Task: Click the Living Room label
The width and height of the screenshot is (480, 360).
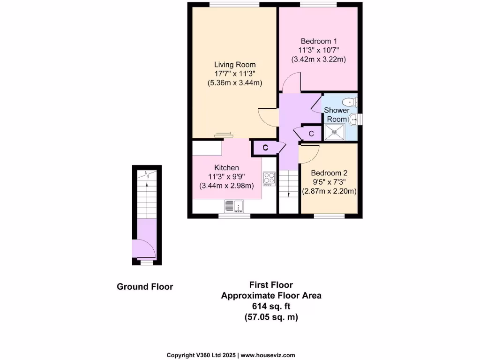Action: [235, 64]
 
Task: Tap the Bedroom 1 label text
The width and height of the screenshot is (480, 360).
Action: [319, 41]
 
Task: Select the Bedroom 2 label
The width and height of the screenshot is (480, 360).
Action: [329, 172]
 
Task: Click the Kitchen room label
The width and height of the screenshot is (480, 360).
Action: [226, 167]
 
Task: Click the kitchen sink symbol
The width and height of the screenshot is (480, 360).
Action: [234, 205]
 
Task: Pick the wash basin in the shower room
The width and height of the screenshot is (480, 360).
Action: [355, 120]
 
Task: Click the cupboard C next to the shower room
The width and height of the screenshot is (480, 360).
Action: [311, 133]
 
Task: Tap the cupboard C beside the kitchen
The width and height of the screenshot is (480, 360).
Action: [265, 148]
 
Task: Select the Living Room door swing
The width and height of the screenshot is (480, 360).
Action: [268, 117]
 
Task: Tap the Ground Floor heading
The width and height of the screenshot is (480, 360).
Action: [145, 286]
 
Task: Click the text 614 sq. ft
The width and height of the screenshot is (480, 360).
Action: [271, 306]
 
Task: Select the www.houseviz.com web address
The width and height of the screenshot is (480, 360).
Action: [268, 355]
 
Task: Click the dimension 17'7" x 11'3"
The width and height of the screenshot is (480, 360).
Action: [235, 74]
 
